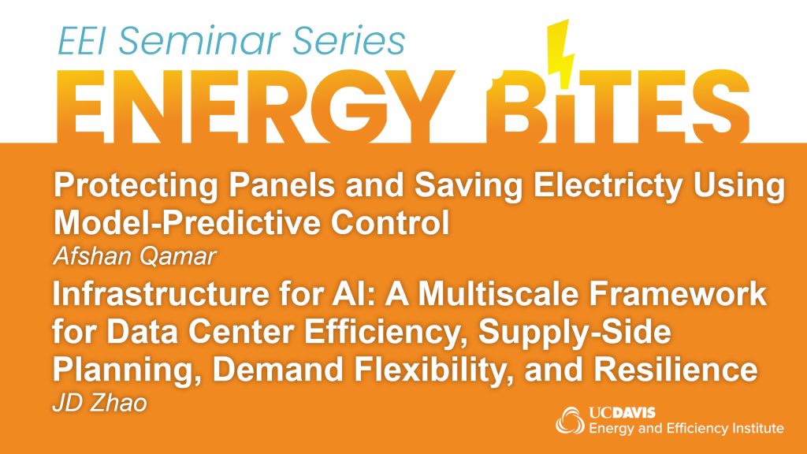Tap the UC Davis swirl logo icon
[570, 421]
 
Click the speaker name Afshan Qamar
[134, 256]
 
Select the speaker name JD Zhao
[100, 403]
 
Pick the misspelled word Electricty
[608, 186]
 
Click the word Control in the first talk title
[390, 223]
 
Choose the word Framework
[678, 294]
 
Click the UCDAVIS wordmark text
[623, 413]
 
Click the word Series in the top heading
[349, 41]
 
